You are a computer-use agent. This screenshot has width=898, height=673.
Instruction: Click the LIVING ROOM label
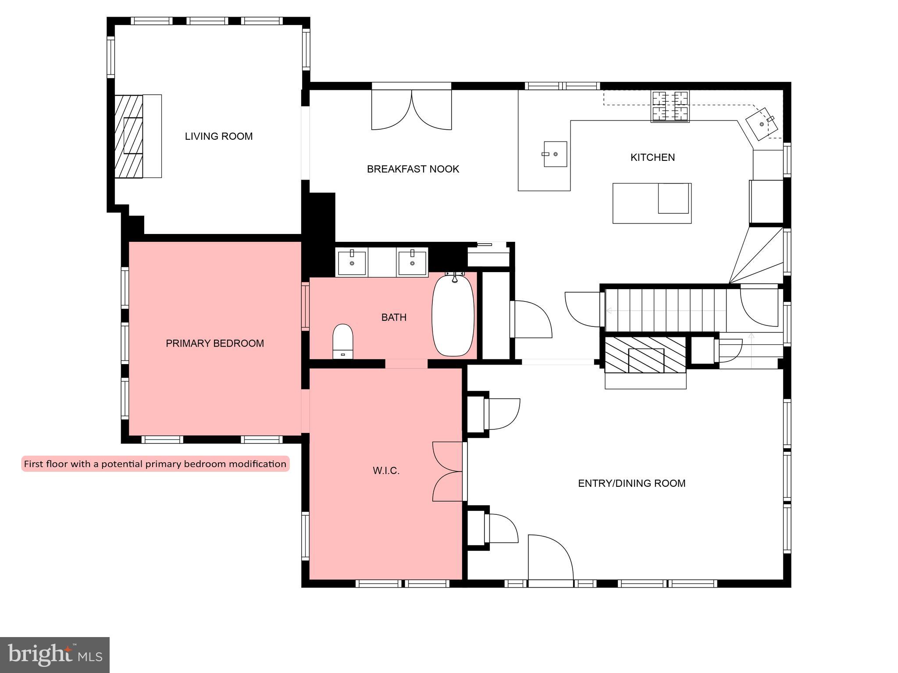tap(218, 136)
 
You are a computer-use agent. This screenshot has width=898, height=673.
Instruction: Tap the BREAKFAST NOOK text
tap(413, 169)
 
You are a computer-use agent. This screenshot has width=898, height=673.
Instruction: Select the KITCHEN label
tap(652, 157)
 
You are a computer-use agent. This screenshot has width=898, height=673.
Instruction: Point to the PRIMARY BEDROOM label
tap(214, 344)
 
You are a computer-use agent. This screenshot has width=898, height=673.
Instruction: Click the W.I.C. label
tap(386, 471)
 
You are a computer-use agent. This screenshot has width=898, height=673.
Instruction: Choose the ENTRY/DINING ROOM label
tap(631, 483)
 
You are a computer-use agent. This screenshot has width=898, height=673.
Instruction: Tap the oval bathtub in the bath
tap(453, 315)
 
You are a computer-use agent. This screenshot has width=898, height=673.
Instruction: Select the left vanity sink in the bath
tap(352, 262)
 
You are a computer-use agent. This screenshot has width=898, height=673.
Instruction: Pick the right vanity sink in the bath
tap(412, 262)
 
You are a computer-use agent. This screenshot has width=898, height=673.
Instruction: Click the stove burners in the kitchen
tap(670, 106)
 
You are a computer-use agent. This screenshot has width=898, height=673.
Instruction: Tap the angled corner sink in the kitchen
tap(762, 124)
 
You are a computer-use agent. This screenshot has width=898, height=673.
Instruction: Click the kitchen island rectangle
tap(652, 203)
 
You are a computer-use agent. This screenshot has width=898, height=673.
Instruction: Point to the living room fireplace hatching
tap(128, 136)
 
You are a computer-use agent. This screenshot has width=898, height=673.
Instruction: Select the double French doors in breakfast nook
tap(411, 110)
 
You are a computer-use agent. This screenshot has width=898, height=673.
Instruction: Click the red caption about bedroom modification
tap(155, 464)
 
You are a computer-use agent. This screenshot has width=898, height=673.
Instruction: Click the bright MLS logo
tap(54, 655)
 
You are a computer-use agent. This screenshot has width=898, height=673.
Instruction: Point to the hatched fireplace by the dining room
tap(645, 355)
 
